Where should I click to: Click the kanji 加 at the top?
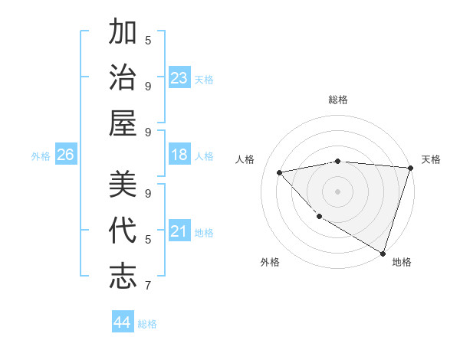[123, 34]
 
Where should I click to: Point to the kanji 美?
[123, 185]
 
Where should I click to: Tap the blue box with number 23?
[179, 77]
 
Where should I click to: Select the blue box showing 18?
[179, 155]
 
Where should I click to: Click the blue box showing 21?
[179, 231]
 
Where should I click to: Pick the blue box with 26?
[65, 155]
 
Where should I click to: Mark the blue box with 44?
[122, 322]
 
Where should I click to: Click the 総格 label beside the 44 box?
[147, 324]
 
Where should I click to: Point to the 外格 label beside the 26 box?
[41, 156]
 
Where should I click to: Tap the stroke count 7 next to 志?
[148, 286]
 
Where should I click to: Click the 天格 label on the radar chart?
[431, 159]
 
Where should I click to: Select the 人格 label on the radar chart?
[245, 159]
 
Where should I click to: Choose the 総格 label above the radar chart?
[338, 100]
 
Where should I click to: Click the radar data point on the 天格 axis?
[410, 168]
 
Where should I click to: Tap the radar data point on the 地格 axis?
[383, 253]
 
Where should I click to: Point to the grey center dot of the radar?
[338, 191]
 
